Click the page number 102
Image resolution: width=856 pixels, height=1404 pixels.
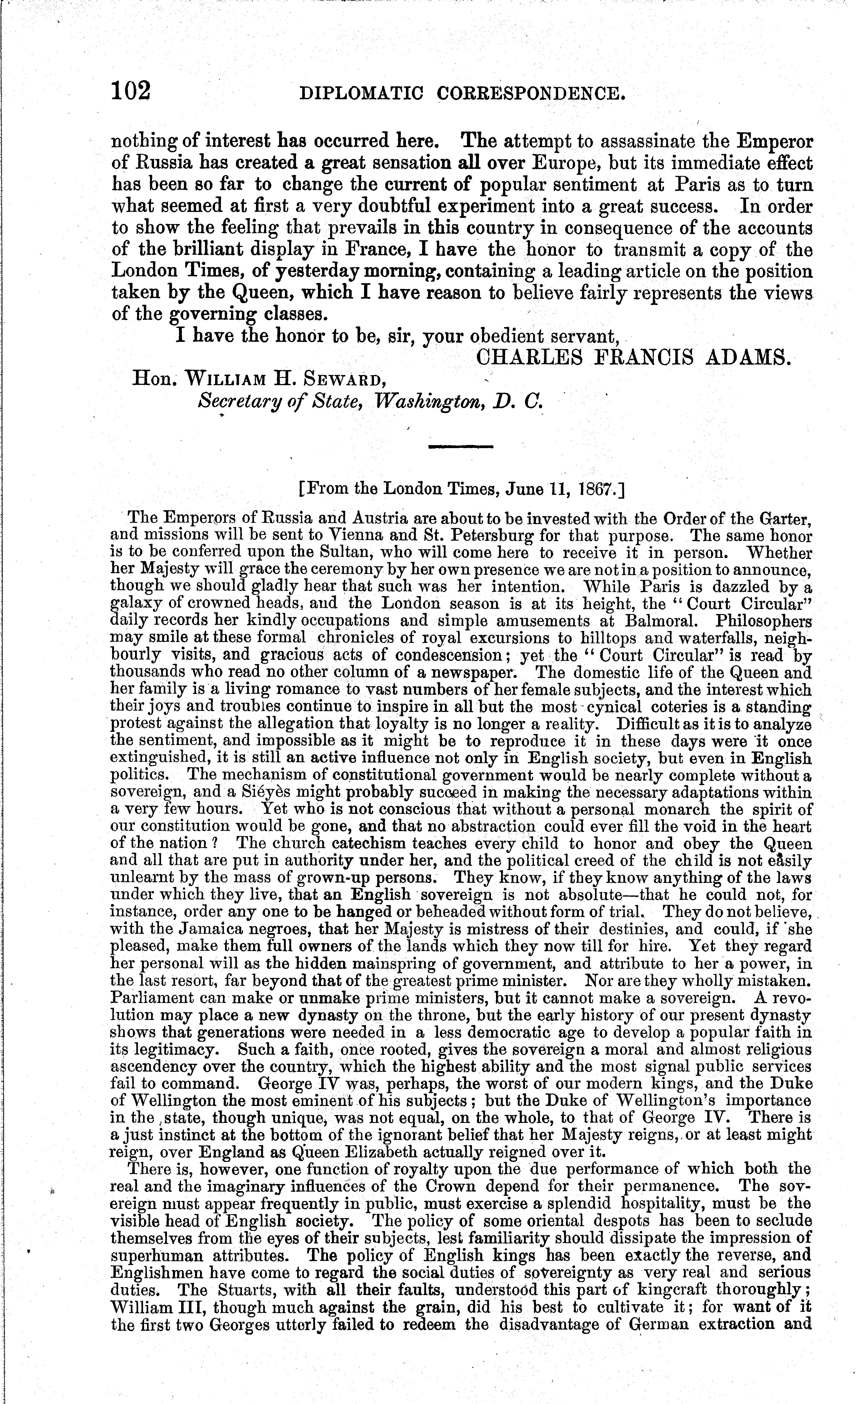click(131, 91)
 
